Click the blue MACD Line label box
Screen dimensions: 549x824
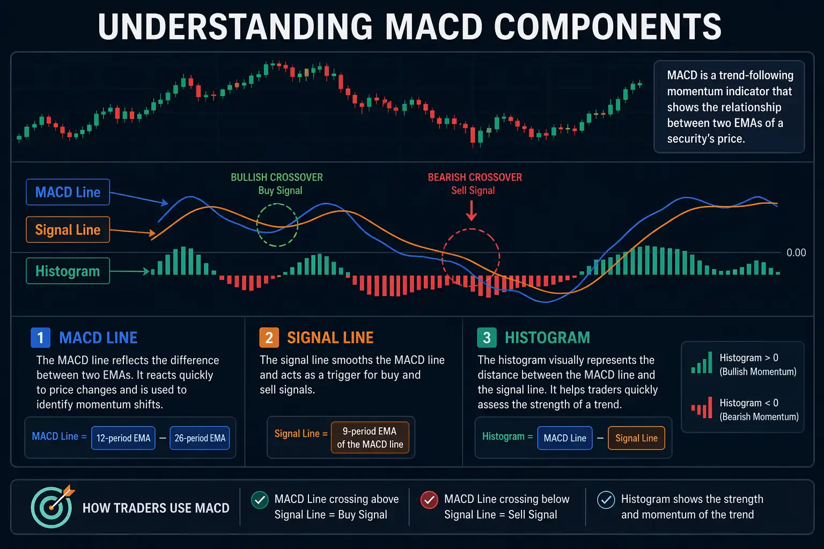68,192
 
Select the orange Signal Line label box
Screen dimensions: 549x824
68,229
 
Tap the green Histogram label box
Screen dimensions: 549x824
68,271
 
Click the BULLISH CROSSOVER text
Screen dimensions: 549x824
277,177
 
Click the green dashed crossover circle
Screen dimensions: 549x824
277,225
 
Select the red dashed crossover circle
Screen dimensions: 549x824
470,257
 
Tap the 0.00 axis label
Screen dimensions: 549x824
796,253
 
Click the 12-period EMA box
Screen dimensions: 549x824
123,438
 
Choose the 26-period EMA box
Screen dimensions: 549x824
200,438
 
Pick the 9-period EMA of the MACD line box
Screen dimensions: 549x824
370,437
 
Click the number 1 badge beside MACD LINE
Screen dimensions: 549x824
40,337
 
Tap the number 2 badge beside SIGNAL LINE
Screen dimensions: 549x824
269,337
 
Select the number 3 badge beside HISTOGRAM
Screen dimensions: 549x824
487,337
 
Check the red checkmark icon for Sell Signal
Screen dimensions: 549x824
429,500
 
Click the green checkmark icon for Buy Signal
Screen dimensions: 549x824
260,500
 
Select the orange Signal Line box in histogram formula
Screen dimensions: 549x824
636,438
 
